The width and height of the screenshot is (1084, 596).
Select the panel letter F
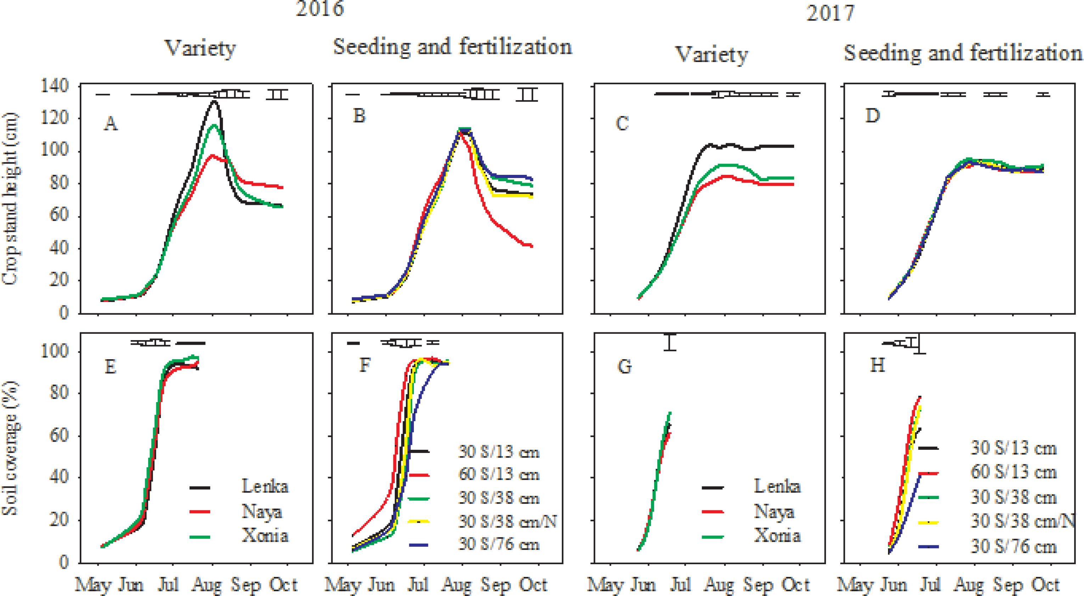pyautogui.click(x=364, y=366)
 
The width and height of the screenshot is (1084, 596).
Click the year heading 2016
pyautogui.click(x=320, y=8)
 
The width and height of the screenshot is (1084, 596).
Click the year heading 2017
pyautogui.click(x=830, y=13)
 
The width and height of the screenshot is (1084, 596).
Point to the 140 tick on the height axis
pyautogui.click(x=54, y=87)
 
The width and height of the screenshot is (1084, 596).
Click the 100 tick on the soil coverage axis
pyautogui.click(x=54, y=352)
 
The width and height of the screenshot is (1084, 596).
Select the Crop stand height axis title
pyautogui.click(x=11, y=199)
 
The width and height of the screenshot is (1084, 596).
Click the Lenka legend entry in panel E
pyautogui.click(x=265, y=487)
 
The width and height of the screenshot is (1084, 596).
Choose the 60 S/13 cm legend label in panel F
pyautogui.click(x=499, y=475)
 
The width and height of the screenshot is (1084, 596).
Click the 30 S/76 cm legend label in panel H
pyautogui.click(x=1013, y=547)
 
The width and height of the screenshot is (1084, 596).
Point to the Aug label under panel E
pyautogui.click(x=207, y=585)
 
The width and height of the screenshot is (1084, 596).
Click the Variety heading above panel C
pyautogui.click(x=712, y=55)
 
